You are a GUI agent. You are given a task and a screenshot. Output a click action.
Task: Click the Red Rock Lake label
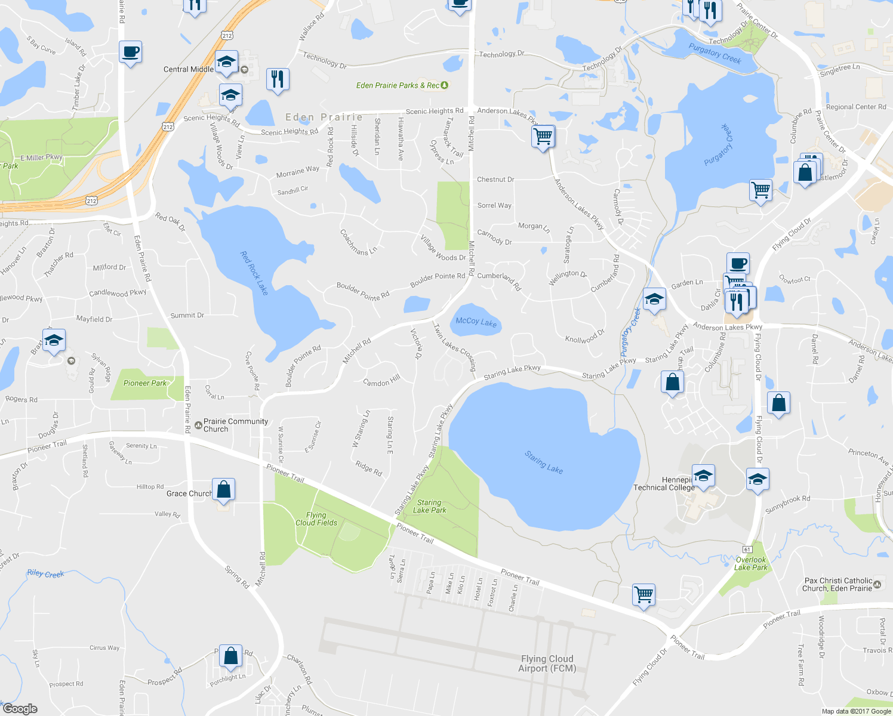(x=254, y=273)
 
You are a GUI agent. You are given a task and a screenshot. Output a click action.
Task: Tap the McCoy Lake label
(x=476, y=322)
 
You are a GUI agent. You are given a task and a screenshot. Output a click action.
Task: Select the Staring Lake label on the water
(x=543, y=462)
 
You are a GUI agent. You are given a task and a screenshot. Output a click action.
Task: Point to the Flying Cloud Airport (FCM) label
(x=547, y=663)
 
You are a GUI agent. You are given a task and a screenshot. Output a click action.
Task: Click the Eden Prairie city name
(x=324, y=118)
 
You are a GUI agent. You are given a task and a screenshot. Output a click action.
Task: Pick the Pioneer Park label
(x=145, y=383)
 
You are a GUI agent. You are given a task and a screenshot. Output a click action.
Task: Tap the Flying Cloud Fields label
(x=316, y=519)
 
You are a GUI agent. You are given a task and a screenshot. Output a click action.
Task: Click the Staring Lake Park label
(x=429, y=507)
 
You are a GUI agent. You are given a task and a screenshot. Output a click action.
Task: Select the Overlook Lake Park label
(x=751, y=564)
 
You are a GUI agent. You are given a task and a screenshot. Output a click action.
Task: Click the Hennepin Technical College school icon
(x=703, y=476)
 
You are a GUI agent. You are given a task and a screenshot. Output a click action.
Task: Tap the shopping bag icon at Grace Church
(x=223, y=489)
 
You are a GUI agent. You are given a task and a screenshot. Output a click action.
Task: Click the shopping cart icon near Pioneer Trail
(x=643, y=594)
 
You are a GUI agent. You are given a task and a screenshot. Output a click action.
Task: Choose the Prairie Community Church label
(x=235, y=425)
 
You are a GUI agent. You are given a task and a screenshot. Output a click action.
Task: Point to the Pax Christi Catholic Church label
(x=838, y=584)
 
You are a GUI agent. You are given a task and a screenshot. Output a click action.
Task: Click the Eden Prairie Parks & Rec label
(x=398, y=85)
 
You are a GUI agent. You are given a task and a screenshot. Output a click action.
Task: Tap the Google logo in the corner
(x=20, y=709)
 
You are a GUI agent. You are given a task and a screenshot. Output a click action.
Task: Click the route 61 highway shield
(x=747, y=549)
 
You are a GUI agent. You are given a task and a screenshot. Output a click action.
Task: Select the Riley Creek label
(x=45, y=573)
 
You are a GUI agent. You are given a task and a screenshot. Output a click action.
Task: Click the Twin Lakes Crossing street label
(x=455, y=347)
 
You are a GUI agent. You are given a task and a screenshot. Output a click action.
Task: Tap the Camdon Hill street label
(x=381, y=381)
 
